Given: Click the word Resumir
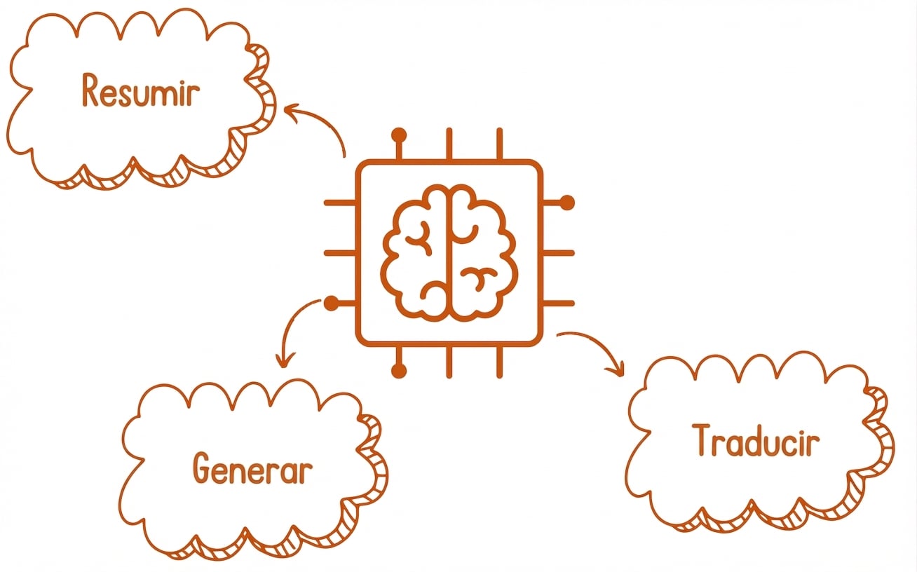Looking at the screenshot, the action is [x=141, y=90].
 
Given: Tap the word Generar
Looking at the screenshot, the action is [x=252, y=469].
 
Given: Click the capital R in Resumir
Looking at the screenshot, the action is [x=90, y=90].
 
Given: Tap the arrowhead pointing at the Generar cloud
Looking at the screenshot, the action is [x=285, y=360].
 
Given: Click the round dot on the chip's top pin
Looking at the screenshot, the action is [x=399, y=135].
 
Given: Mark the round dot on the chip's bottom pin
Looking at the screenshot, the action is [x=399, y=371].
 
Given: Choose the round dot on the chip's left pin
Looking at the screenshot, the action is [x=332, y=304].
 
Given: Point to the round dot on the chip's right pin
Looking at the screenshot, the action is [x=567, y=203].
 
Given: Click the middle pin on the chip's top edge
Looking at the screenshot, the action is [x=449, y=144].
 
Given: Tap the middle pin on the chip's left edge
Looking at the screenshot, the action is [x=340, y=253].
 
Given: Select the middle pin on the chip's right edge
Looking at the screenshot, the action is [x=558, y=253].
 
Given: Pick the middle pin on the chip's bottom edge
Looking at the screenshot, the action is [x=449, y=362].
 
